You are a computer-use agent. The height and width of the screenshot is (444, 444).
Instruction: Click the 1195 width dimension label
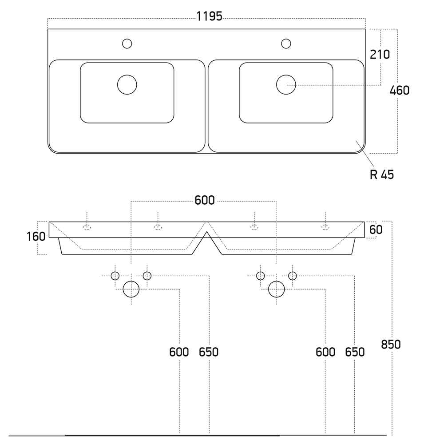pos(209,17)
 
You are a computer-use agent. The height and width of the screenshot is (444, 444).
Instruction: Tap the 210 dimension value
pos(380,55)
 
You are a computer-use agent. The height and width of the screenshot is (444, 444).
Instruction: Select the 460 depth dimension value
pos(399,91)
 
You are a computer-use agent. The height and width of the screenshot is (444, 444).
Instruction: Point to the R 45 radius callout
pos(381,174)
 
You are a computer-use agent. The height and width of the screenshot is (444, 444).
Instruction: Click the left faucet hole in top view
pos(127,44)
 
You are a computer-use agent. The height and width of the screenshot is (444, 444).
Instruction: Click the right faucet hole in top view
pos(286,44)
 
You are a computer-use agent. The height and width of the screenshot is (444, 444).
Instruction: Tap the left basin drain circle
pos(127,84)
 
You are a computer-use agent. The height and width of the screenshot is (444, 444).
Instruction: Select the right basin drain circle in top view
pos(286,84)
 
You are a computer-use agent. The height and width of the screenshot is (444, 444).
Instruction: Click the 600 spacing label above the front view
pos(205,201)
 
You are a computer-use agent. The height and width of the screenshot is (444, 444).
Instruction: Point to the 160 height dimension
pos(36,236)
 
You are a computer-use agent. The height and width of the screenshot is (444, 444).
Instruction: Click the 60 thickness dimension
pos(376,230)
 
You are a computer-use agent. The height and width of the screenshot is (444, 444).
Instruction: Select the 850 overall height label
pos(391,344)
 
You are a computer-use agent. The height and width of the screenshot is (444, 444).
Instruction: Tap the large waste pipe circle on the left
pos(131,289)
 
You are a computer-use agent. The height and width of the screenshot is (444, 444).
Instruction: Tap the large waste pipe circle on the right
pos(276,289)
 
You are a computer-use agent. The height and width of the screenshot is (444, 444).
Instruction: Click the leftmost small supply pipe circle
pos(115,276)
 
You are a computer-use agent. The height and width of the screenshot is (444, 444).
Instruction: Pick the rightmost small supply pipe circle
pos(292,276)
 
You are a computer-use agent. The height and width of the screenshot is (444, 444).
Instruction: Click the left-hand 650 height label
pos(209,352)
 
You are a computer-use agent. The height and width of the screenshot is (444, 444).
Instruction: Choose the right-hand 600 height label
pos(325,352)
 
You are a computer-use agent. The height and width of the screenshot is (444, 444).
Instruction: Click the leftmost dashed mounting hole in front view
pos(87,227)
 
